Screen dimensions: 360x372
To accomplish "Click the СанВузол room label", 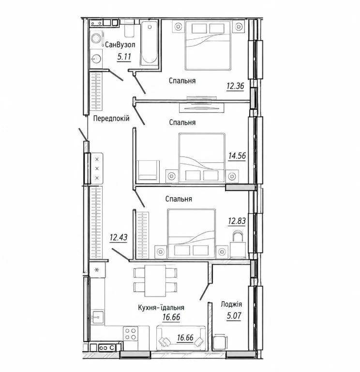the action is [x=120, y=45].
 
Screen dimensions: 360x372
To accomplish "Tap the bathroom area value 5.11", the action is [x=124, y=57].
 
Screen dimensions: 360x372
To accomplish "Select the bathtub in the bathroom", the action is [x=150, y=43].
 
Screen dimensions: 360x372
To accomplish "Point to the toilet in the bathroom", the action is [x=129, y=29].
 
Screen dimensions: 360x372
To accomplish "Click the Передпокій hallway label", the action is [x=111, y=118].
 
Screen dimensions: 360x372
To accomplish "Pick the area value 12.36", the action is [x=235, y=86].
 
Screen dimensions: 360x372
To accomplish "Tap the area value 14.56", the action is [x=237, y=156].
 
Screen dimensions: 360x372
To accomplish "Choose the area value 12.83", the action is [x=237, y=221].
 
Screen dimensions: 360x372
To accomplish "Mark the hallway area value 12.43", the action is [x=119, y=237].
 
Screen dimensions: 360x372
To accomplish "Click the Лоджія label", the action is [x=231, y=304].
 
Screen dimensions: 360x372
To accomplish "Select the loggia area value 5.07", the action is [x=234, y=316].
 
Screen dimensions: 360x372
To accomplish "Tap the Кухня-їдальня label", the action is [x=161, y=308].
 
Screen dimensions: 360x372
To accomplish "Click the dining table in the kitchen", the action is [x=155, y=280].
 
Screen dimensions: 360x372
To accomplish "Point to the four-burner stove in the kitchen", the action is [x=131, y=334].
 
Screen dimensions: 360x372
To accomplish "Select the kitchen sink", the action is [x=98, y=317].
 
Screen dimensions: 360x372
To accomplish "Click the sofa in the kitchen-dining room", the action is [x=181, y=338].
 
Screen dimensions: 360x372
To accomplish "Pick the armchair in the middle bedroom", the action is [x=148, y=170].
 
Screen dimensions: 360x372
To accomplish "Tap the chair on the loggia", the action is [x=220, y=341].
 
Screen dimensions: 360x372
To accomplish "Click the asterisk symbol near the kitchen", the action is [x=97, y=270].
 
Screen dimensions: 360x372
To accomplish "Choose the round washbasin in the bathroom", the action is [x=96, y=58].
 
